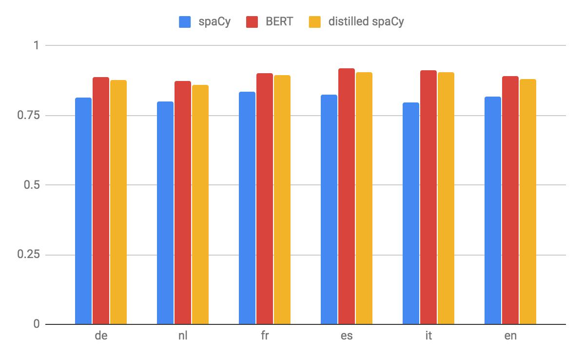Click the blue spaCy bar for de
(x=83, y=211)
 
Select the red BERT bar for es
(x=347, y=196)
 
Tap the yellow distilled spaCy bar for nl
(x=200, y=204)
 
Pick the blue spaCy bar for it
(x=411, y=213)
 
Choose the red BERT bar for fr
(x=265, y=199)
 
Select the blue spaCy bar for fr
(x=247, y=208)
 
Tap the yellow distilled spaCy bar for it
(x=446, y=198)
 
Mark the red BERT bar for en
(x=510, y=200)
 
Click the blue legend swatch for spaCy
(x=185, y=22)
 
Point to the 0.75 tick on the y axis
(x=29, y=116)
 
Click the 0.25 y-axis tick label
(x=29, y=255)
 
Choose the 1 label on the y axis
(x=36, y=46)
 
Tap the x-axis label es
(x=347, y=337)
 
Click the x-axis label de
(x=101, y=337)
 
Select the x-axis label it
(x=428, y=337)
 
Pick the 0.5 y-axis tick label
(x=32, y=185)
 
